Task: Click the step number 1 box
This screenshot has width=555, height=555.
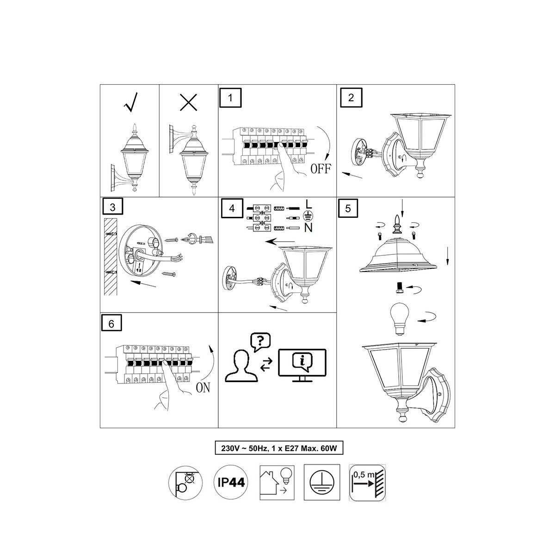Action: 230,98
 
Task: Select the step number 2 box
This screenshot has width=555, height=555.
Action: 351,98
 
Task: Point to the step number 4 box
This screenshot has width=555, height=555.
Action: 232,208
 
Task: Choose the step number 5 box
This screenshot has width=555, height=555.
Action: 348,208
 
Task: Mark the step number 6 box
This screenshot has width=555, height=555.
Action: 111,323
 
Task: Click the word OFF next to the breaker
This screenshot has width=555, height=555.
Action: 321,168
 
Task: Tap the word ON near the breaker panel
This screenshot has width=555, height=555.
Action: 203,388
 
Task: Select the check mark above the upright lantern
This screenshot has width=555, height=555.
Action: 130,102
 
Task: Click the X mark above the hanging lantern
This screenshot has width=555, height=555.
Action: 188,102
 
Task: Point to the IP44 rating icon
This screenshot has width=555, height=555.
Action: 231,482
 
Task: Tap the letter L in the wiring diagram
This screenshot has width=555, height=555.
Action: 308,204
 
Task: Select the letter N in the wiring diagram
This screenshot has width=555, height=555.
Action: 308,228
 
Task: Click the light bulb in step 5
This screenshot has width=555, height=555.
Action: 400,319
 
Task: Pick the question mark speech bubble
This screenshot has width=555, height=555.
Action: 260,342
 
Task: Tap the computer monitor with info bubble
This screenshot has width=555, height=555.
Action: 302,365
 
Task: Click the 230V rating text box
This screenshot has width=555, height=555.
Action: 279,449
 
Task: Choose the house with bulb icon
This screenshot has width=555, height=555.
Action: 277,482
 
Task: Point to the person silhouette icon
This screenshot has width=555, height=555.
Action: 241,366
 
